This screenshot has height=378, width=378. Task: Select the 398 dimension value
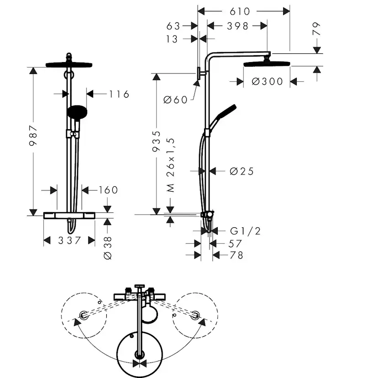[237, 26]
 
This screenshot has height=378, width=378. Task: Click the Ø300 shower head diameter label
[268, 82]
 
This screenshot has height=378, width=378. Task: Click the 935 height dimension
[157, 141]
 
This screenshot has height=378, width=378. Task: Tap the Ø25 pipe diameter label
[241, 172]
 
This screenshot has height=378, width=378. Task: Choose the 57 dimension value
[234, 243]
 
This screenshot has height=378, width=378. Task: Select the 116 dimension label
[119, 94]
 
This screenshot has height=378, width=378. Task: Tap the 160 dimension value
[108, 190]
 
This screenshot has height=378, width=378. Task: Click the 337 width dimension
[69, 240]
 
